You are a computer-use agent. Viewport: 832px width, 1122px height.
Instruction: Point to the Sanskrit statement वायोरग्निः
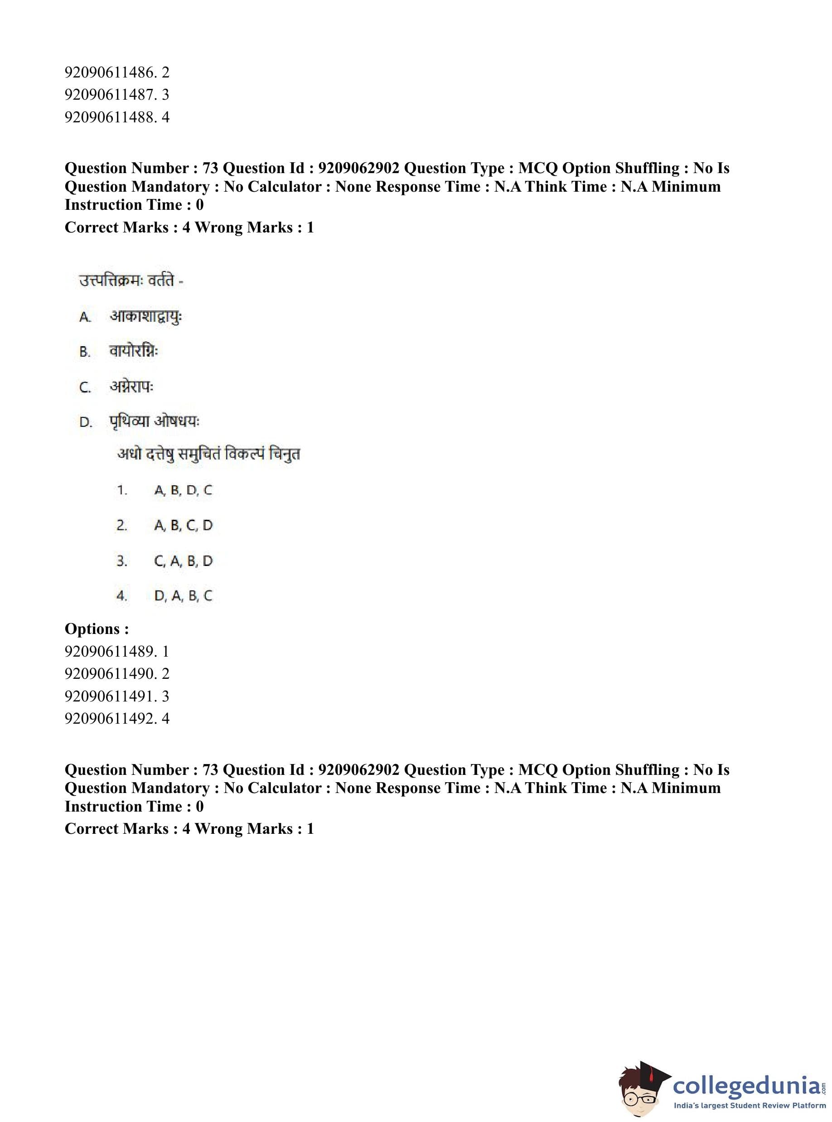click(134, 351)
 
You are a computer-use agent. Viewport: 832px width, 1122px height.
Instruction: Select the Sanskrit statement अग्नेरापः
click(131, 386)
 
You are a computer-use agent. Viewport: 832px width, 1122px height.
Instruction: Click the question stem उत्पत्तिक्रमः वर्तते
click(130, 280)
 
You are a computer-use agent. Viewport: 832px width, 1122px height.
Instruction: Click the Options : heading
click(97, 629)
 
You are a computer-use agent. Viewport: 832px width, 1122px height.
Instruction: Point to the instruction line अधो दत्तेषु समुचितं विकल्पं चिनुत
click(208, 454)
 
